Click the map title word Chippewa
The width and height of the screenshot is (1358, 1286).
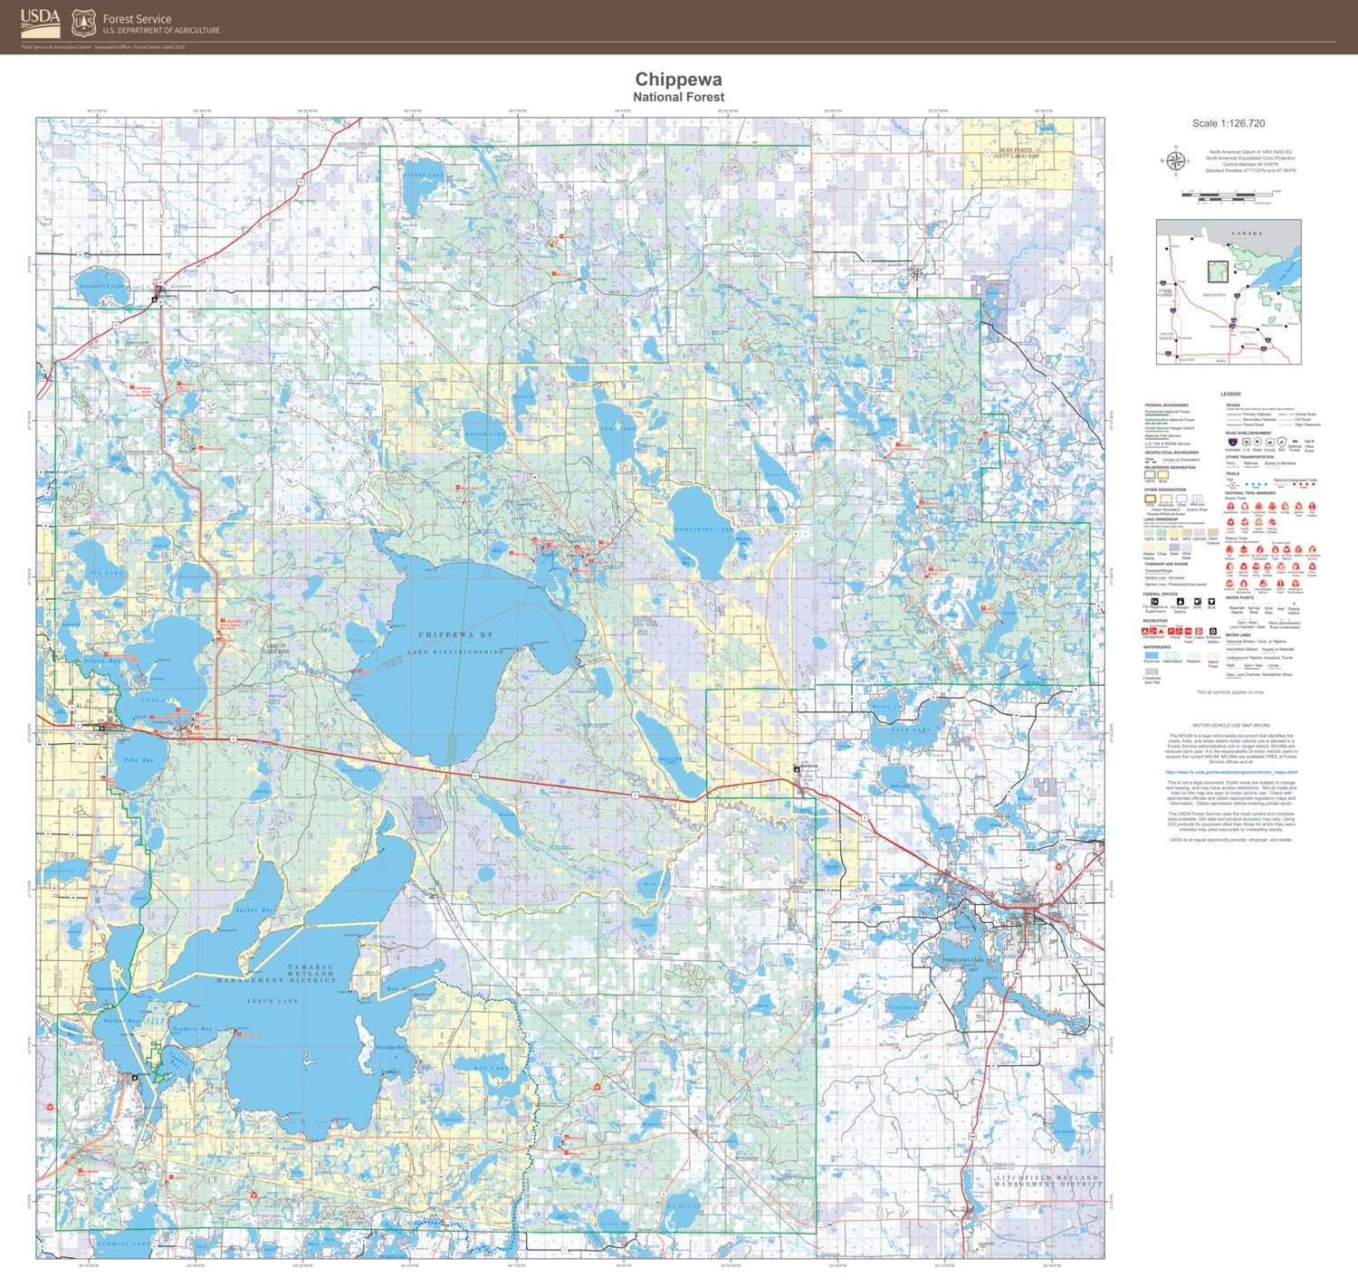(x=678, y=80)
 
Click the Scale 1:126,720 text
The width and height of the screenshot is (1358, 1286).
(x=1228, y=123)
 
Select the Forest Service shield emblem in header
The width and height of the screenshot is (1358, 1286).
(x=83, y=22)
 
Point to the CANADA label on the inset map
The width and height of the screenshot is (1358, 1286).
(x=1246, y=233)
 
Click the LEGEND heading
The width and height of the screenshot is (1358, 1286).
(x=1230, y=394)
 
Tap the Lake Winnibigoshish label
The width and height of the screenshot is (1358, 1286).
(x=455, y=652)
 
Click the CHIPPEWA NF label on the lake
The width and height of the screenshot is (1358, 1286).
(x=455, y=635)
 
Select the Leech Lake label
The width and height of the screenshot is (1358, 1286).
(x=273, y=1001)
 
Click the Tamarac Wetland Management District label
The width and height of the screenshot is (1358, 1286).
(x=277, y=974)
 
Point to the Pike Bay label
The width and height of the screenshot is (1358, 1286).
(x=139, y=760)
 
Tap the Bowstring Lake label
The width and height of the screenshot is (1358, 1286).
(x=704, y=529)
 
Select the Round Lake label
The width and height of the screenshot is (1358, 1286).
(x=485, y=434)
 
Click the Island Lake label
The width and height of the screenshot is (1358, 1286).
(x=424, y=176)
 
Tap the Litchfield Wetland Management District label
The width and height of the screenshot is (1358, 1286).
(x=1046, y=1181)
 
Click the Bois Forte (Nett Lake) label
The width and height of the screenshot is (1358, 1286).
(x=1015, y=153)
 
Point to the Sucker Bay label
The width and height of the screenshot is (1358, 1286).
(x=253, y=910)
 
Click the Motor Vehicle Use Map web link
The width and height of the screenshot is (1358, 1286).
(x=1230, y=773)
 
